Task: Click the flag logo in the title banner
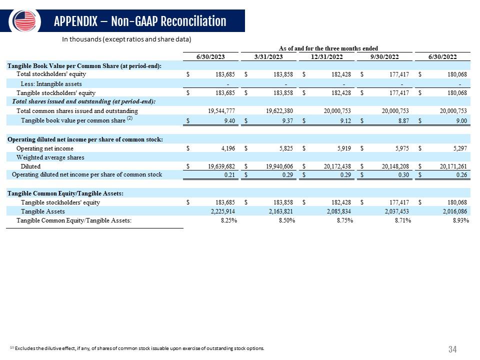24,21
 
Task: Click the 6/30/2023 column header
210,57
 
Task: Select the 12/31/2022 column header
326,57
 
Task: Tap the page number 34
452,349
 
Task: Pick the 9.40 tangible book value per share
229,121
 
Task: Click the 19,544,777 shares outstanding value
221,111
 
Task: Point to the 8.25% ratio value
229,220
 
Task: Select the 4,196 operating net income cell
228,148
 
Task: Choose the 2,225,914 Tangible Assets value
223,211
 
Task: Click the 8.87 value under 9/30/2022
403,121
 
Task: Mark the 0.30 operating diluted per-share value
403,175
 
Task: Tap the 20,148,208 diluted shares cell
395,166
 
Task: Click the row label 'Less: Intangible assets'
51,84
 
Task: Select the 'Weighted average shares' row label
50,157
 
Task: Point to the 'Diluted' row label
30,166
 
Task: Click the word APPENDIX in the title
75,21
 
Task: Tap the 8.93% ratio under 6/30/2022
461,220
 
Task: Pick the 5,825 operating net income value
286,148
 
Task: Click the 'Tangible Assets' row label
43,211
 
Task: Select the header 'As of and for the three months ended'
328,48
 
